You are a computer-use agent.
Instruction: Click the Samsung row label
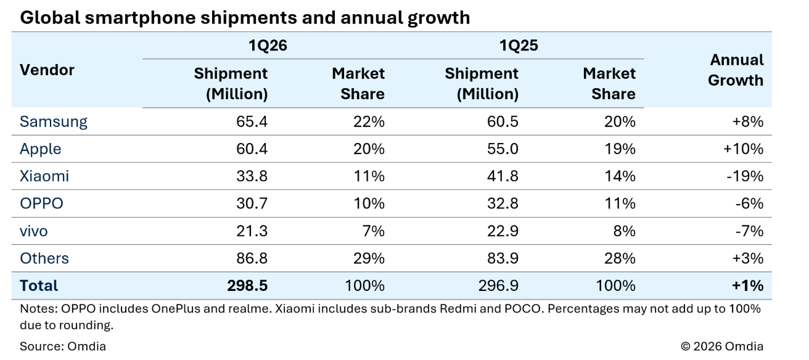54,121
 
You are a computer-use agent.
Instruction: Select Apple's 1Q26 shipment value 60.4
252,149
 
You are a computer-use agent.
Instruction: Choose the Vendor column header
47,70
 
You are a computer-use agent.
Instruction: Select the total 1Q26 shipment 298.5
247,285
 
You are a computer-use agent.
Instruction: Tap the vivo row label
34,231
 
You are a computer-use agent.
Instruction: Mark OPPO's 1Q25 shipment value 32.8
502,203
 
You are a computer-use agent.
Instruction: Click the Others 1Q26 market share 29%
369,258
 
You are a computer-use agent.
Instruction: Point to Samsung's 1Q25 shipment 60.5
502,121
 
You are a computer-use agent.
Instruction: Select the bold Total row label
39,285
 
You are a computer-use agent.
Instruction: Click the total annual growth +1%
748,285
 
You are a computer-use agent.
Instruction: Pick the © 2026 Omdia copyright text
722,346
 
